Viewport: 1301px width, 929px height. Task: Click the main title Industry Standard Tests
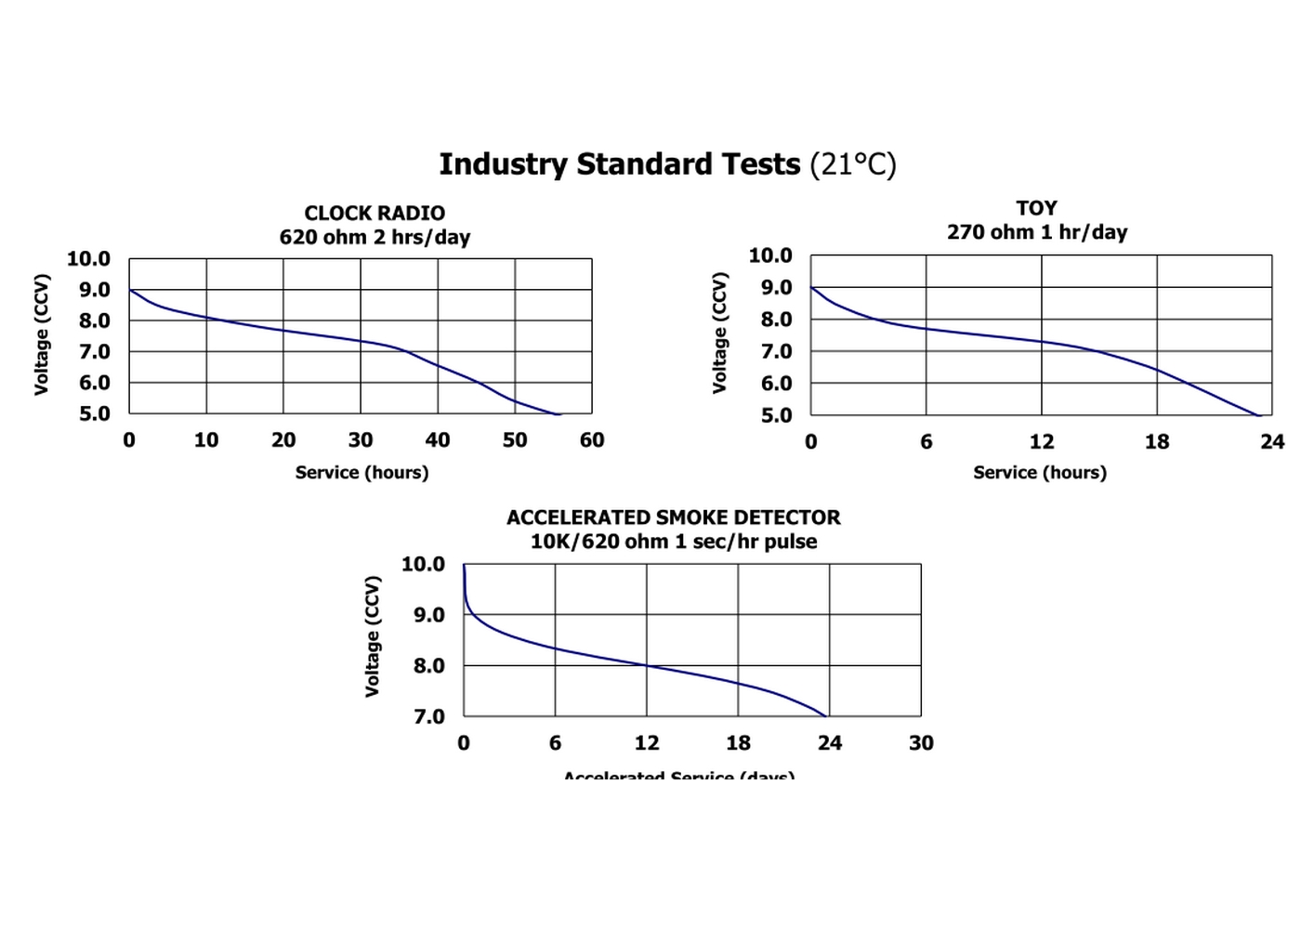click(x=619, y=164)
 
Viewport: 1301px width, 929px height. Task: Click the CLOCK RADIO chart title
click(x=375, y=213)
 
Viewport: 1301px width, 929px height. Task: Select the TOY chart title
click(x=1036, y=208)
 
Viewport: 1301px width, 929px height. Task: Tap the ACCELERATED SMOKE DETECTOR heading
click(x=673, y=517)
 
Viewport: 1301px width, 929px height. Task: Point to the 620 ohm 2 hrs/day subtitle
click(x=375, y=237)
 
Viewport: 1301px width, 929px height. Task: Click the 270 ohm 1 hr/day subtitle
click(x=1037, y=232)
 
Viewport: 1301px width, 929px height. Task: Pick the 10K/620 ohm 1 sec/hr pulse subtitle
click(x=673, y=542)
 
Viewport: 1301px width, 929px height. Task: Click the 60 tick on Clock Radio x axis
click(x=592, y=440)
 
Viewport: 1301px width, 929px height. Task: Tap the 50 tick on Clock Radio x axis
click(x=515, y=440)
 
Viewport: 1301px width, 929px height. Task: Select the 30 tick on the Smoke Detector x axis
click(x=921, y=743)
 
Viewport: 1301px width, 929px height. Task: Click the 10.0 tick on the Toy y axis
click(x=770, y=255)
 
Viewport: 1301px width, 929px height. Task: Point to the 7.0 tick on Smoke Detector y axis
click(x=429, y=717)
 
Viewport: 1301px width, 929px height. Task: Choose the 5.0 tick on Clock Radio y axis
click(x=93, y=414)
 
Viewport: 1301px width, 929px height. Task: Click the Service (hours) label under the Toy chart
click(x=1040, y=473)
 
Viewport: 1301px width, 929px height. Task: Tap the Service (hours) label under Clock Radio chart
click(x=361, y=473)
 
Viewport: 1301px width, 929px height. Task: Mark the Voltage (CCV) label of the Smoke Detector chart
click(x=373, y=636)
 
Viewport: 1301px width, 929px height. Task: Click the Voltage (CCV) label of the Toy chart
click(x=719, y=333)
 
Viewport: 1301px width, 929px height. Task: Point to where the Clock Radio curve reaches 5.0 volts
click(x=558, y=413)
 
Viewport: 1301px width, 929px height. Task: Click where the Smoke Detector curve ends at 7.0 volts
click(x=825, y=715)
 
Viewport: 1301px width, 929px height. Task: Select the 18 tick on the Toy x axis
click(x=1157, y=442)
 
